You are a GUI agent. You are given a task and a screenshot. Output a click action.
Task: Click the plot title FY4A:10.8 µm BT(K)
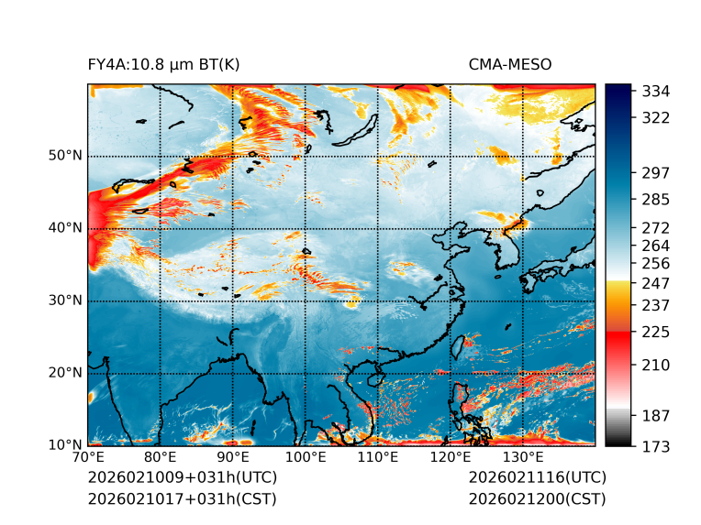pos(163,64)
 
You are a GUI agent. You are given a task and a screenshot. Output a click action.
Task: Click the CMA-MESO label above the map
pos(509,64)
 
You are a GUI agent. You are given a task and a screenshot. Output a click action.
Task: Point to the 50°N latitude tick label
pos(65,156)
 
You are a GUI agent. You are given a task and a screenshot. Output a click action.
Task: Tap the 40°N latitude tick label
pos(65,228)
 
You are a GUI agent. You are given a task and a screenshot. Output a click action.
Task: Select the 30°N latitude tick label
pos(65,301)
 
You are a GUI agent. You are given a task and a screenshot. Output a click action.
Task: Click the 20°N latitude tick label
pos(65,373)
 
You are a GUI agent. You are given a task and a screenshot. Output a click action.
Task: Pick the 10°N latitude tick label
pos(65,445)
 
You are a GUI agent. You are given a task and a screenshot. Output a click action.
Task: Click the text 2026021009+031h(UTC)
pos(182,478)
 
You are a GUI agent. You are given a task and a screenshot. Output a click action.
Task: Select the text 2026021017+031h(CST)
pos(182,499)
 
